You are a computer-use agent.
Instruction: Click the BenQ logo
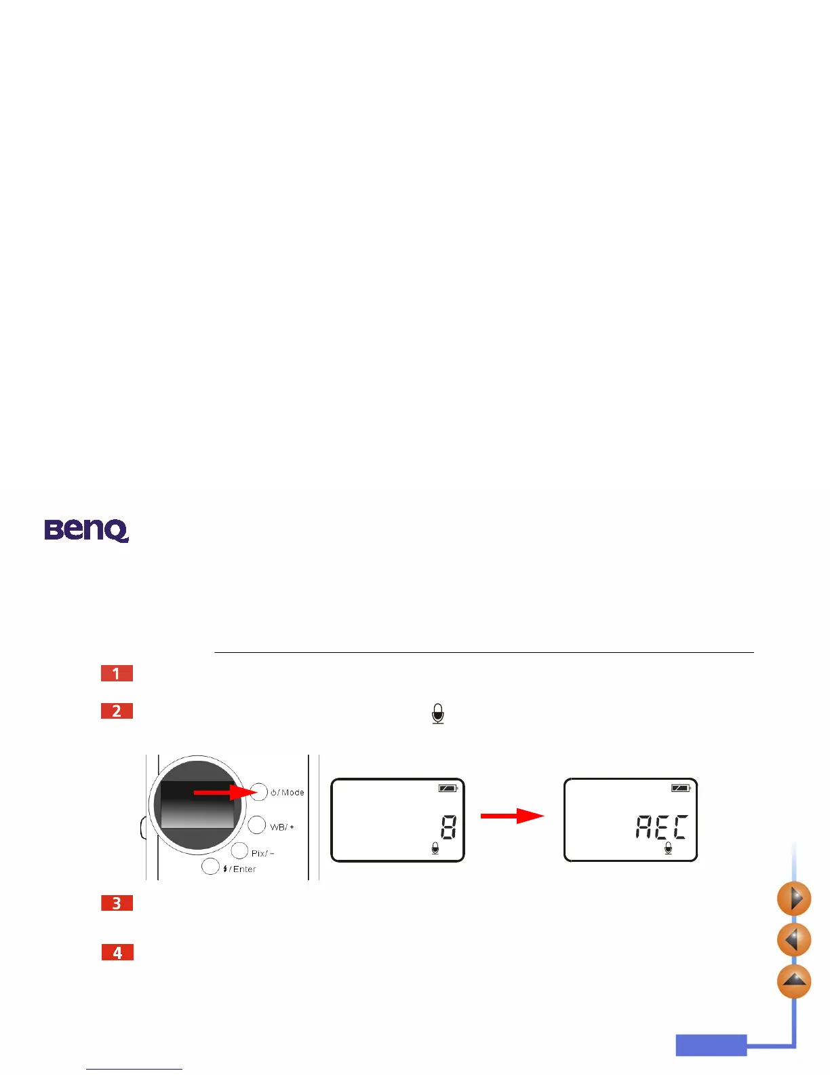coord(86,530)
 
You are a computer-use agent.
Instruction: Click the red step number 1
coord(117,673)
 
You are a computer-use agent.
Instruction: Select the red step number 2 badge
coord(117,711)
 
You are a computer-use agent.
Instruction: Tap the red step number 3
coord(117,903)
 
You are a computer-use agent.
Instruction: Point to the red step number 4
coord(117,952)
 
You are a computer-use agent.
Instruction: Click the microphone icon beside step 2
coord(438,713)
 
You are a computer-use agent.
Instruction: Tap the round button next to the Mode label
coord(258,791)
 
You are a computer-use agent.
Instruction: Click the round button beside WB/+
coord(256,825)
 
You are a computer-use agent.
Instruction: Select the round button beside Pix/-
coord(239,850)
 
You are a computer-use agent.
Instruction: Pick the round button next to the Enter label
coord(210,867)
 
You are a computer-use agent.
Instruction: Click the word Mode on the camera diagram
coord(293,792)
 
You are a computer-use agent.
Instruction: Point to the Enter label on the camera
coord(244,869)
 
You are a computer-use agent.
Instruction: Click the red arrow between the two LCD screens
coord(512,816)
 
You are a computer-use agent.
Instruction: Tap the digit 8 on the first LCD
coord(448,827)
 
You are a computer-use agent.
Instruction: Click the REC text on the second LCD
coord(661,827)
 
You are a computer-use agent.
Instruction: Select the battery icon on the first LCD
coord(448,789)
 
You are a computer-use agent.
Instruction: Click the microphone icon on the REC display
coord(668,848)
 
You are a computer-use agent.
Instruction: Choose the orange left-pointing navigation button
coord(793,940)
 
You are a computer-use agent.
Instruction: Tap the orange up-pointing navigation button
coord(793,981)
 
